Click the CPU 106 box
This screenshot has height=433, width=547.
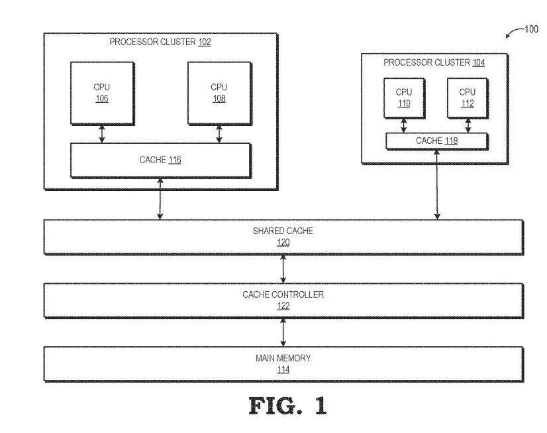(x=101, y=93)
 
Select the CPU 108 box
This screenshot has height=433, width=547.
(x=219, y=93)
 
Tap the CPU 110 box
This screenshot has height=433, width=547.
(x=403, y=97)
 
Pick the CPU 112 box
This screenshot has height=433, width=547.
(x=467, y=97)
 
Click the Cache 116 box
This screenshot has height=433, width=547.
(x=160, y=160)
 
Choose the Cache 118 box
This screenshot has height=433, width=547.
(x=436, y=141)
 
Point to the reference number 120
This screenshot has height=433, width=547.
(x=283, y=243)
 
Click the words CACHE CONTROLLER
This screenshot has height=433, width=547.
(x=283, y=294)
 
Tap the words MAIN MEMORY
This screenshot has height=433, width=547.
(x=283, y=358)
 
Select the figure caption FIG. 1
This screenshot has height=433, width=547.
(x=287, y=405)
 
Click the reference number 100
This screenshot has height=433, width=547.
(x=531, y=29)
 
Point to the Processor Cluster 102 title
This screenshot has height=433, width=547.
(x=160, y=42)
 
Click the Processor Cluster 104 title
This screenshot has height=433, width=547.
(x=434, y=63)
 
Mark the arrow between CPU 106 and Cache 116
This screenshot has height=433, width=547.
(x=101, y=133)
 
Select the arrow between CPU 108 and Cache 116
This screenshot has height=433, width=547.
(x=219, y=133)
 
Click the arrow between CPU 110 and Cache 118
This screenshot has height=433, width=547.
(x=403, y=125)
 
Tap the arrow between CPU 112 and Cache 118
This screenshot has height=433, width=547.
(x=468, y=125)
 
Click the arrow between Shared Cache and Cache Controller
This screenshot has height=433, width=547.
(x=283, y=269)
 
